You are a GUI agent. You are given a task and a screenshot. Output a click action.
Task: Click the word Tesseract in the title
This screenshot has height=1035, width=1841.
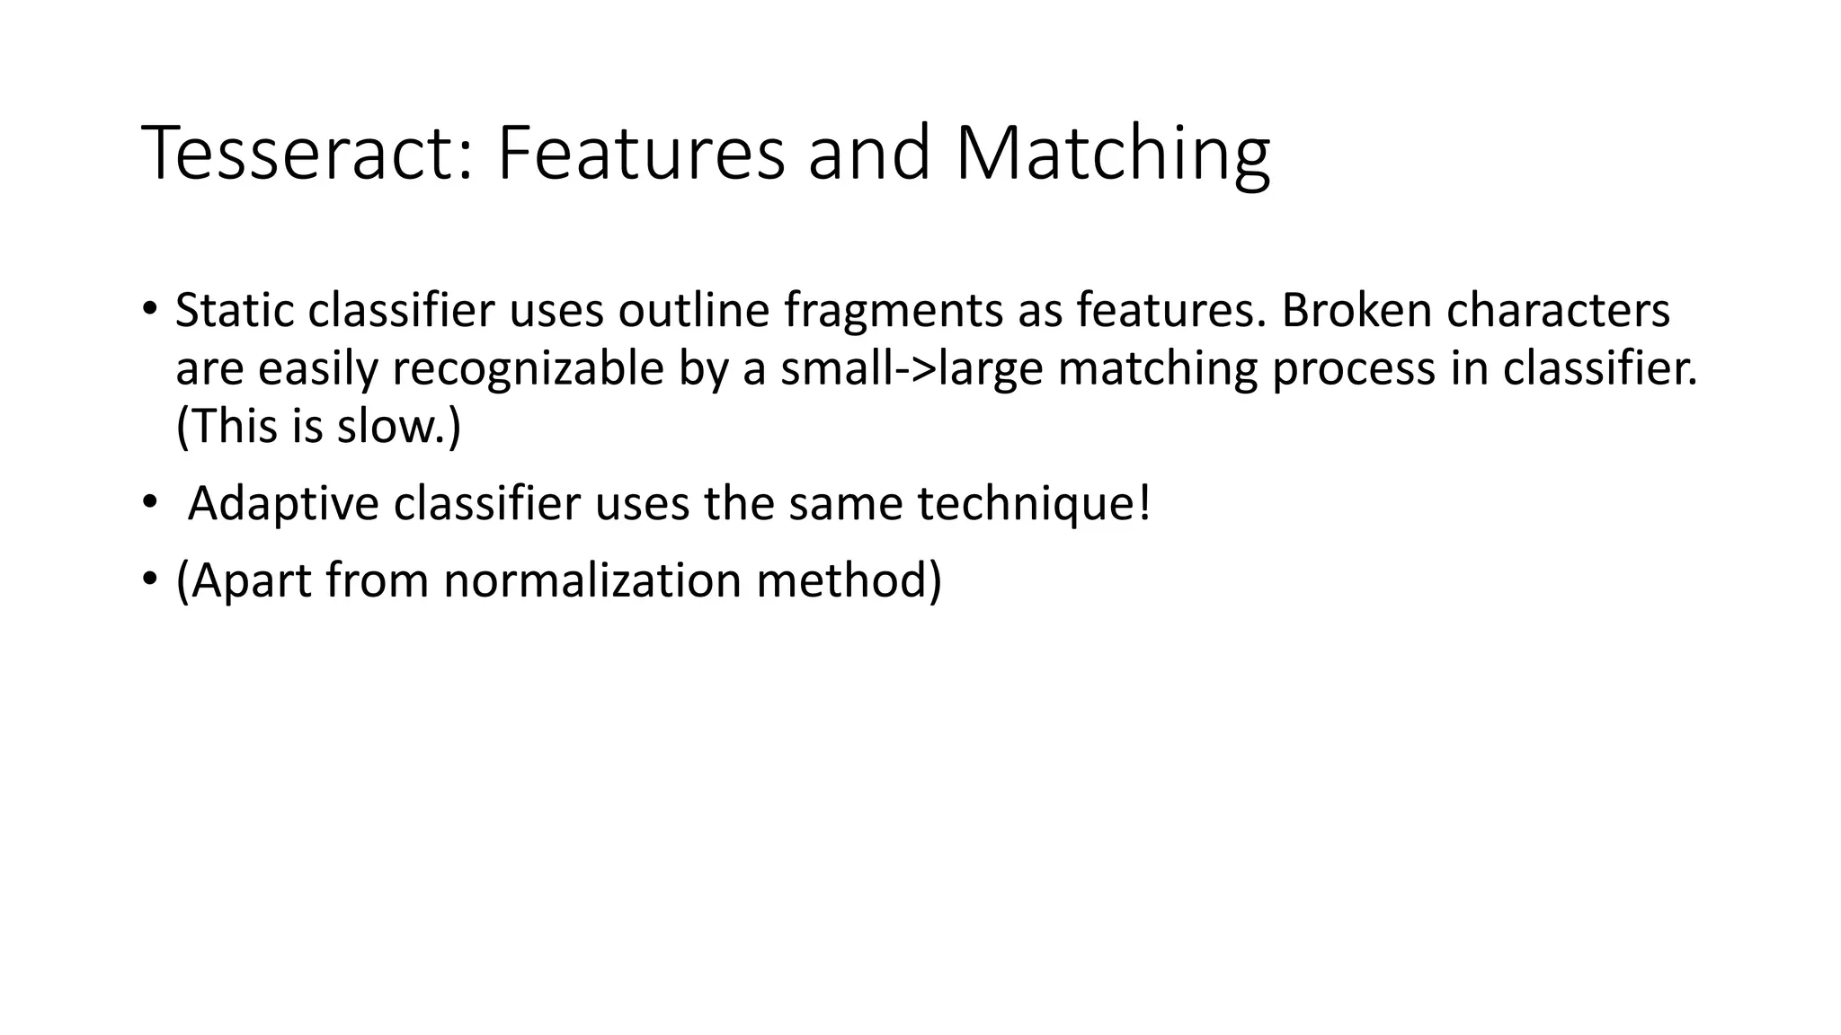click(x=307, y=154)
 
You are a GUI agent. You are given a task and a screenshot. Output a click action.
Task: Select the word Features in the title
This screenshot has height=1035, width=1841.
click(x=641, y=154)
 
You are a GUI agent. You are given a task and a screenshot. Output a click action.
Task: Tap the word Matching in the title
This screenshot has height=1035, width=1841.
click(x=1112, y=154)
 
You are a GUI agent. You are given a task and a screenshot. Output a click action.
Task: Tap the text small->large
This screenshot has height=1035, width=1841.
click(x=912, y=369)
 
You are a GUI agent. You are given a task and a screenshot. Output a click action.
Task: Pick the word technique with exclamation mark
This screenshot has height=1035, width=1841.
click(x=1034, y=504)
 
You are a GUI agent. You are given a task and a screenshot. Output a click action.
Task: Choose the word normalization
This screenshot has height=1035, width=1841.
click(x=592, y=580)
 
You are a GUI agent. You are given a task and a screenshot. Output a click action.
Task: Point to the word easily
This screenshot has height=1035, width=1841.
click(x=318, y=369)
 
